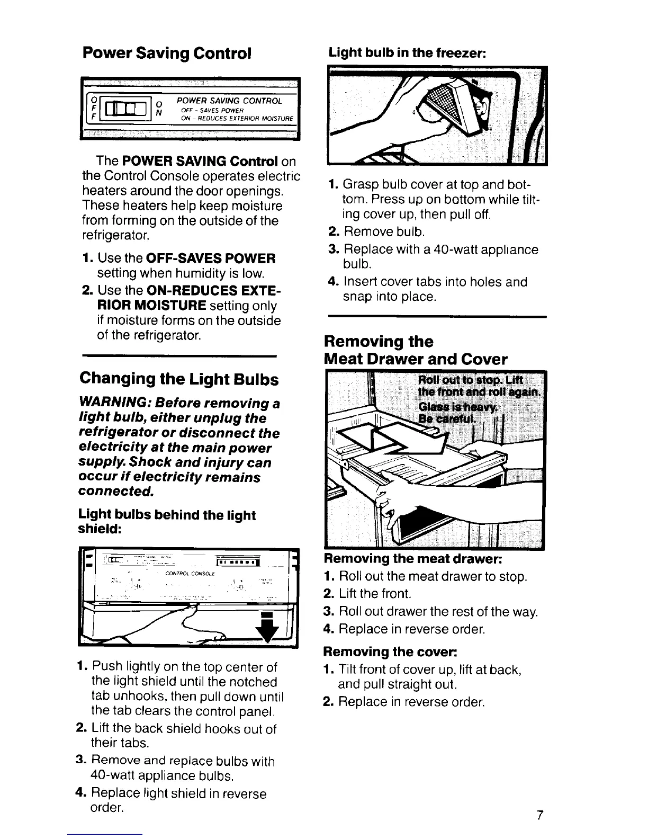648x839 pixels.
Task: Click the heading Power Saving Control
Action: [166, 53]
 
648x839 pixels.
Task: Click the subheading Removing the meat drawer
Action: [412, 559]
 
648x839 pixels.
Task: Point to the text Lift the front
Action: [375, 594]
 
